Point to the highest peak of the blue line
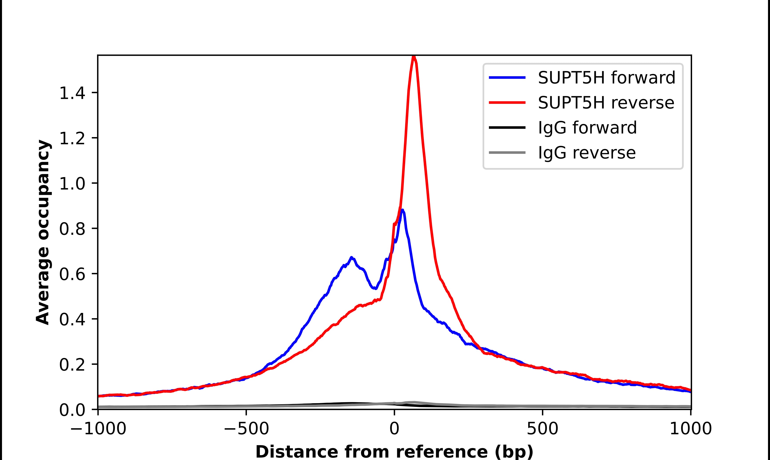pos(402,210)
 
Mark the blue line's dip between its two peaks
pos(375,288)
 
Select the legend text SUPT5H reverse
pos(606,103)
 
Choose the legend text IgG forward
pos(587,128)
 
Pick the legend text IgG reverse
pos(587,153)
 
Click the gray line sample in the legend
pos(507,152)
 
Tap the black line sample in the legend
pos(507,127)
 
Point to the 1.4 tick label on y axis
pos(72,93)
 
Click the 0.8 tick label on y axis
pos(72,229)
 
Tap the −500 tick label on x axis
pos(246,429)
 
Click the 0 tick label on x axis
pos(394,429)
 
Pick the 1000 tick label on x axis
pos(691,429)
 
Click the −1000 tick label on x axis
pos(98,429)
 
